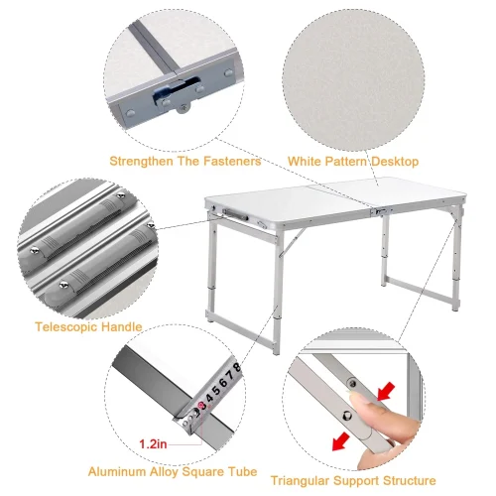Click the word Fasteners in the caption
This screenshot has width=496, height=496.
pyautogui.click(x=232, y=162)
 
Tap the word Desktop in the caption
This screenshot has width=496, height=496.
pyautogui.click(x=395, y=162)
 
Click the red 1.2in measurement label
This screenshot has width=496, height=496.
pyautogui.click(x=153, y=443)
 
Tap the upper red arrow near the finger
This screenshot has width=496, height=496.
pyautogui.click(x=386, y=391)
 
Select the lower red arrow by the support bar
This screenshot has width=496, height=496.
pyautogui.click(x=341, y=441)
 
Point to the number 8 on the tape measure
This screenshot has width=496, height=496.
pyautogui.click(x=236, y=367)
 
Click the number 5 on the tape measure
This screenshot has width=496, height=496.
pyautogui.click(x=216, y=390)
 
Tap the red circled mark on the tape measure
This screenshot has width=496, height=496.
pyautogui.click(x=200, y=405)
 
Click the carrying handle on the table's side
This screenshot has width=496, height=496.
pyautogui.click(x=235, y=214)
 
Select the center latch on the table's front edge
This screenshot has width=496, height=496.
pyautogui.click(x=381, y=210)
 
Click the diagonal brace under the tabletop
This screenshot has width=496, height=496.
pyautogui.click(x=292, y=242)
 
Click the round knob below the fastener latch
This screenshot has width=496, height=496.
pyautogui.click(x=183, y=108)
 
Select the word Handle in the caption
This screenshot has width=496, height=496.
pyautogui.click(x=121, y=327)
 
